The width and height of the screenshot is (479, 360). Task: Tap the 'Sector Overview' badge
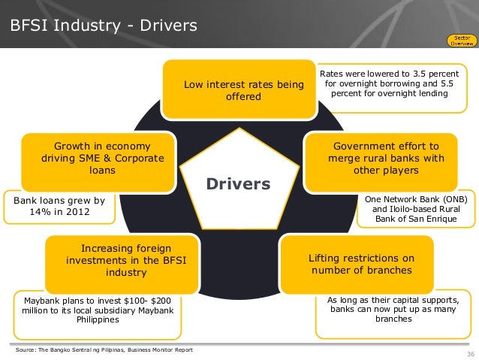459,39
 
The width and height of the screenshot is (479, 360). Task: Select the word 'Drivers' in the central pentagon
238,184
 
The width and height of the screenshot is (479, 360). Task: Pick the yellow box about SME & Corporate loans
98,158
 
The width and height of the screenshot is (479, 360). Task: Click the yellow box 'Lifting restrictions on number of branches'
356,264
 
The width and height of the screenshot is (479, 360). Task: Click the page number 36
470,354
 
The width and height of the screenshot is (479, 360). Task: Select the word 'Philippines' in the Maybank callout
98,319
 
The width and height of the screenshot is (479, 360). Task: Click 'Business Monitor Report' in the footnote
157,351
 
